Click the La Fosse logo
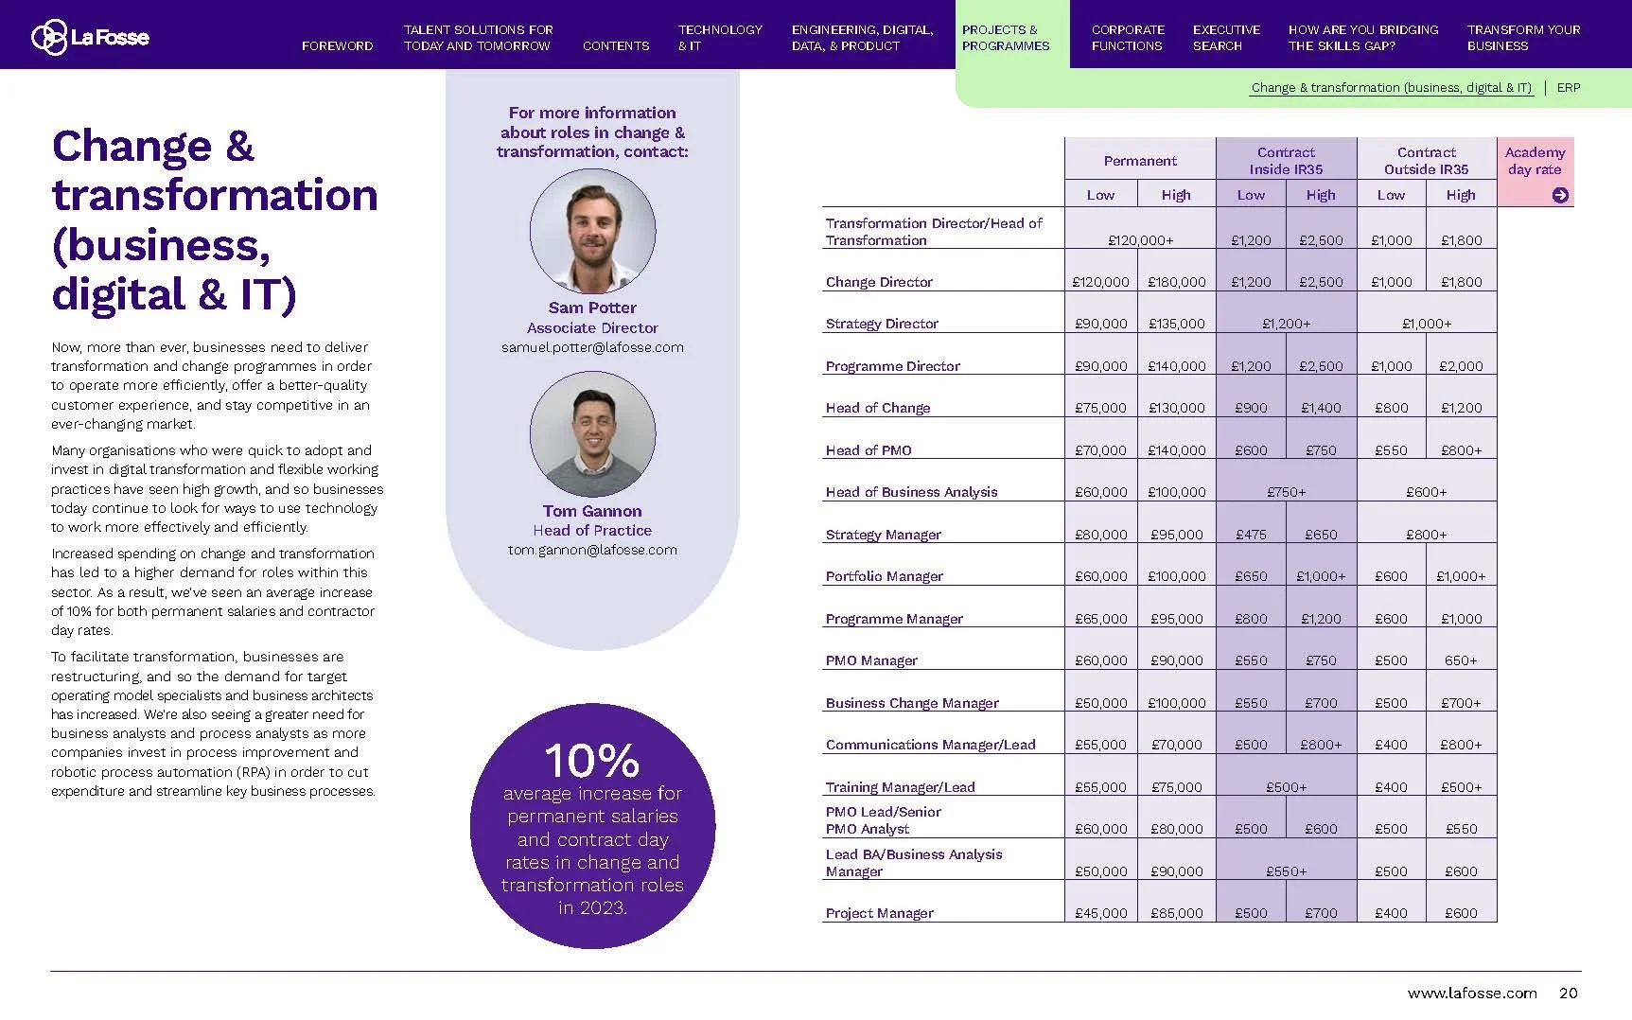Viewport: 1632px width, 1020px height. point(90,37)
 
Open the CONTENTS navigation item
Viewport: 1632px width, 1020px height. point(616,45)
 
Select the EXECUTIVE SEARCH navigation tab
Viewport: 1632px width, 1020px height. point(1226,37)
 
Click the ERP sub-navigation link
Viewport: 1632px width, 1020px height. point(1569,87)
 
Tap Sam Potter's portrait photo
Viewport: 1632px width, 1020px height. point(592,231)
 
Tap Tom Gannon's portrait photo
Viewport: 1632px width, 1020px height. point(592,434)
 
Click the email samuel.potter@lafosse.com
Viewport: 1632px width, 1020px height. point(592,347)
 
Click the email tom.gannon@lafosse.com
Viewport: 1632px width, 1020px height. point(592,550)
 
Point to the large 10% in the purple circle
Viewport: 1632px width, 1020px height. point(592,760)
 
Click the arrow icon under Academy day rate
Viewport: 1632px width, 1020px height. point(1560,195)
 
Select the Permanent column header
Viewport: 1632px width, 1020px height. point(1140,161)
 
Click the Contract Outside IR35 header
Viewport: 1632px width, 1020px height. point(1426,160)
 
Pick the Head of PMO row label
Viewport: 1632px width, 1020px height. point(869,450)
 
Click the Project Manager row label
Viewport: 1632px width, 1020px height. point(879,913)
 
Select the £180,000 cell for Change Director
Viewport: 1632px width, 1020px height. point(1177,282)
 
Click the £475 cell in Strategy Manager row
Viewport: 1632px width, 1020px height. point(1251,535)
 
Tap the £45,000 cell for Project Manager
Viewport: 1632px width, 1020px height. point(1100,913)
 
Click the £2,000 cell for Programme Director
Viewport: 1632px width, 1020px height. point(1461,366)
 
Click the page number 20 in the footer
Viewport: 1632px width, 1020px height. point(1568,993)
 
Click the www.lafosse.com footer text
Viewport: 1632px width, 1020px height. point(1471,993)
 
